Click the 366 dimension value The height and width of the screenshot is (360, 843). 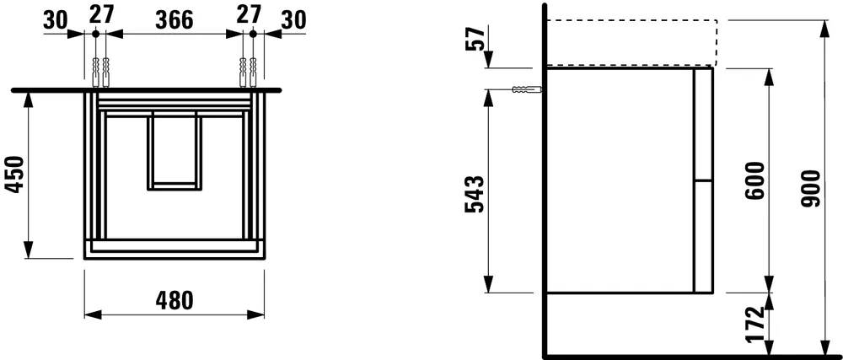tap(173, 18)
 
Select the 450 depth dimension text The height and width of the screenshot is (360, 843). tap(14, 175)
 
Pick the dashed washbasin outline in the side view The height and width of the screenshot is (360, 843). tap(631, 43)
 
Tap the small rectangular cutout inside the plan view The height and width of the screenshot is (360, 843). tap(174, 149)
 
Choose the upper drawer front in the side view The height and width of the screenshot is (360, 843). tap(702, 124)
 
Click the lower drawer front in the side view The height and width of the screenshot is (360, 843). tap(702, 236)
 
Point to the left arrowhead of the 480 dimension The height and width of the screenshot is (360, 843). tap(90, 314)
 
